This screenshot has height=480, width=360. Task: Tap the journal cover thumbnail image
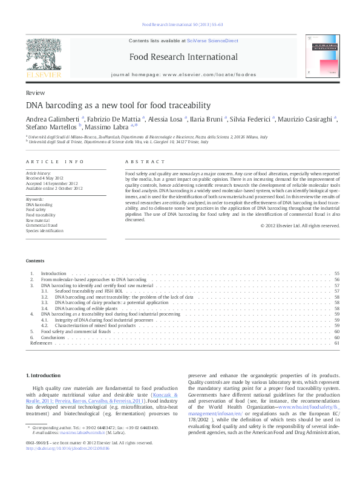pos(322,56)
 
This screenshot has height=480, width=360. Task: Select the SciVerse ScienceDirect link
pos(212,41)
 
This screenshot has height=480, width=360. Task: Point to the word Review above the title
pos(34,92)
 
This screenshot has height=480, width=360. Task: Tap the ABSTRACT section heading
pos(145,162)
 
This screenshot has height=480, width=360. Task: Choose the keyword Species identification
pos(44,231)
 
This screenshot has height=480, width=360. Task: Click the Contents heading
pos(35,261)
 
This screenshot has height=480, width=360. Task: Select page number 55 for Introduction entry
pos(336,274)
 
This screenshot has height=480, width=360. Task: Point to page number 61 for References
pos(336,343)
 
